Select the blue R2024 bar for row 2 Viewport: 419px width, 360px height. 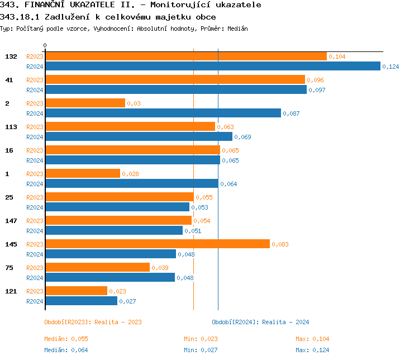(x=163, y=113)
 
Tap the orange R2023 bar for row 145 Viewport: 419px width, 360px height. (x=157, y=244)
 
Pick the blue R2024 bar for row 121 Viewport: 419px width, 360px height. (x=81, y=301)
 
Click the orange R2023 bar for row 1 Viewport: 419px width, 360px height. (x=82, y=174)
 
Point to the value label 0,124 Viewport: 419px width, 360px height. (x=391, y=67)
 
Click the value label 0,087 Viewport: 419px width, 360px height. (x=291, y=113)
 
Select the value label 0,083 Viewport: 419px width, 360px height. (x=280, y=244)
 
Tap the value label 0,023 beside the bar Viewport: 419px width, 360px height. (x=117, y=291)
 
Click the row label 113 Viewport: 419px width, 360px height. (x=11, y=127)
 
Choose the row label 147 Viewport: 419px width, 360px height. (x=11, y=221)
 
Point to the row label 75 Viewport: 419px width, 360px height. (x=9, y=268)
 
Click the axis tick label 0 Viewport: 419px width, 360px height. (x=45, y=45)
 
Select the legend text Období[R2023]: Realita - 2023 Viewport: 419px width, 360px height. (x=93, y=322)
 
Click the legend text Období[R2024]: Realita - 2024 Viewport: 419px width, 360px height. (x=260, y=322)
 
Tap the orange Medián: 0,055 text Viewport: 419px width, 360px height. (x=66, y=339)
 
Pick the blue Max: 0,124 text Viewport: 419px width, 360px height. (x=312, y=350)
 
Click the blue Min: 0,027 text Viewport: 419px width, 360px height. (x=201, y=350)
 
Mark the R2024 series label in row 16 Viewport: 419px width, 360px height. (x=35, y=160)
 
